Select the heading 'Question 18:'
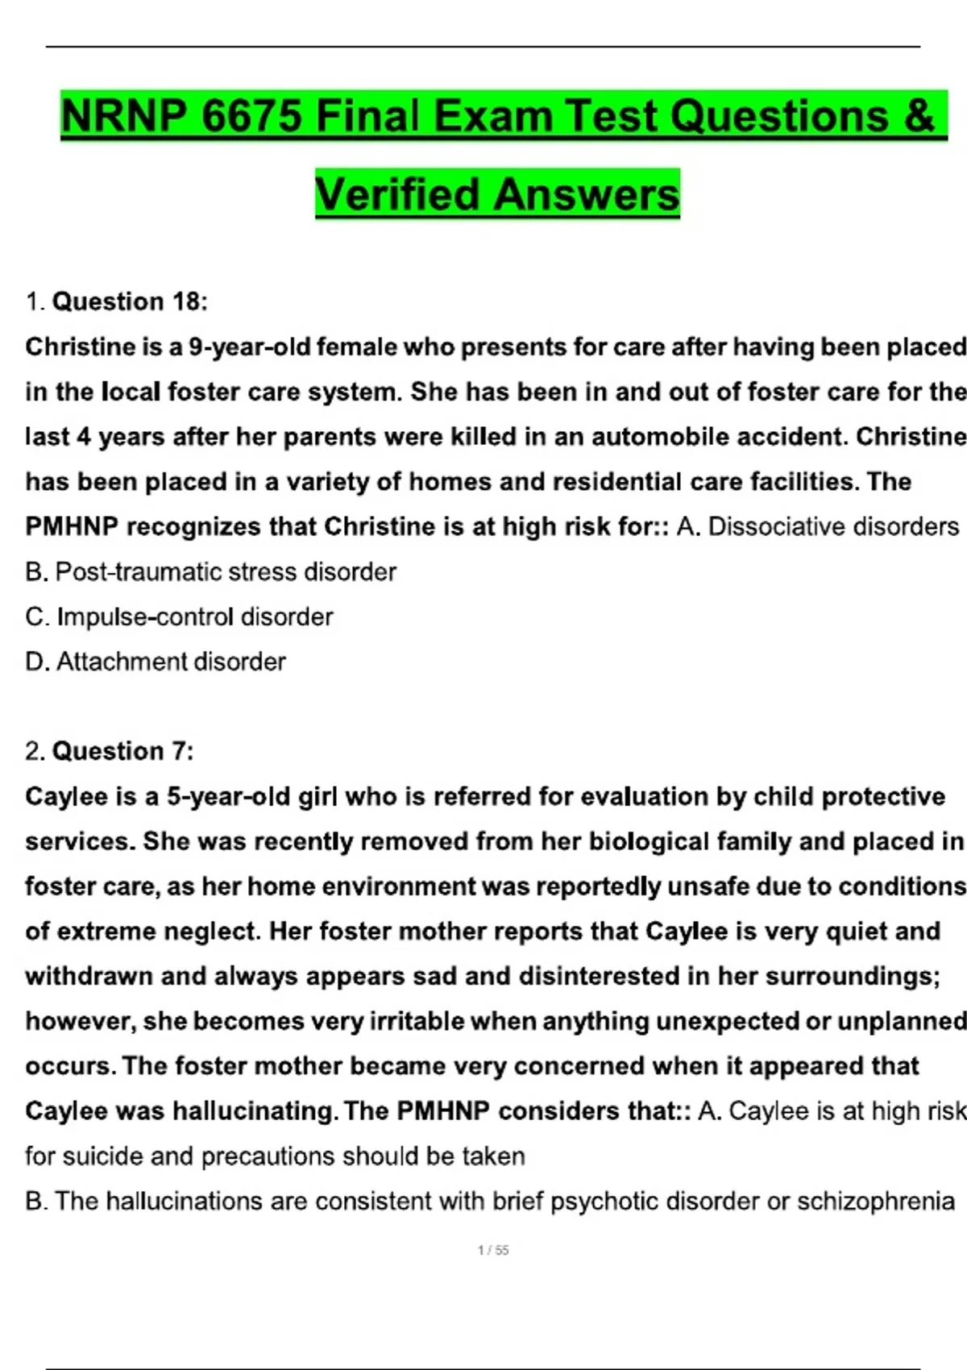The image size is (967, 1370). (129, 301)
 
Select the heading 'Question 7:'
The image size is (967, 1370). (122, 751)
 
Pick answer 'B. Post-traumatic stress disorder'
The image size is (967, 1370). (210, 572)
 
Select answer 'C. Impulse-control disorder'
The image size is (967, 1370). (179, 617)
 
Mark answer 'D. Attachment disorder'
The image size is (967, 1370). (156, 662)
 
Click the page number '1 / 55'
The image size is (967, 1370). (493, 1250)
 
